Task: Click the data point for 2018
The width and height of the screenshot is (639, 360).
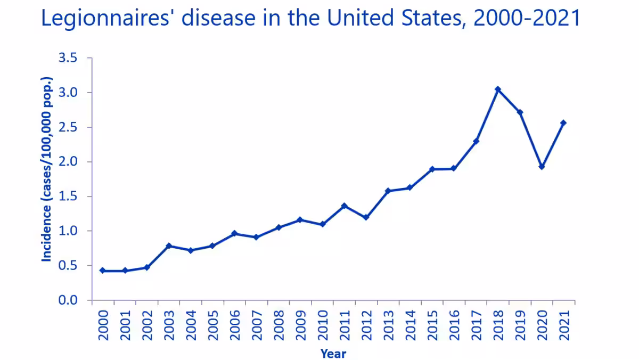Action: coord(498,89)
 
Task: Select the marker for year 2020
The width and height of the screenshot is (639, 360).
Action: coord(542,167)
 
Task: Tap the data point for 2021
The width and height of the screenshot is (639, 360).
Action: coord(563,123)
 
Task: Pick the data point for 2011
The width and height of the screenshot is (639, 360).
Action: coord(345,206)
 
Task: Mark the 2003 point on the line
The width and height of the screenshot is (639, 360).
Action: coord(168,246)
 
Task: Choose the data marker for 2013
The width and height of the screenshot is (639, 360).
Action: coord(388,191)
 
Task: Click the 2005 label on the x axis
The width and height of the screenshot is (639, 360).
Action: coord(212,322)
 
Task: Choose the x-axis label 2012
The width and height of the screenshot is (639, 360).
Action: coord(366,322)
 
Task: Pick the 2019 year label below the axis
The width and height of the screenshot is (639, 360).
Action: coord(520,322)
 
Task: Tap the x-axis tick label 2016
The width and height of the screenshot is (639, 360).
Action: coord(454,322)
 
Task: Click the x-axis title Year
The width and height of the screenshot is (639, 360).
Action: coord(333,353)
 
